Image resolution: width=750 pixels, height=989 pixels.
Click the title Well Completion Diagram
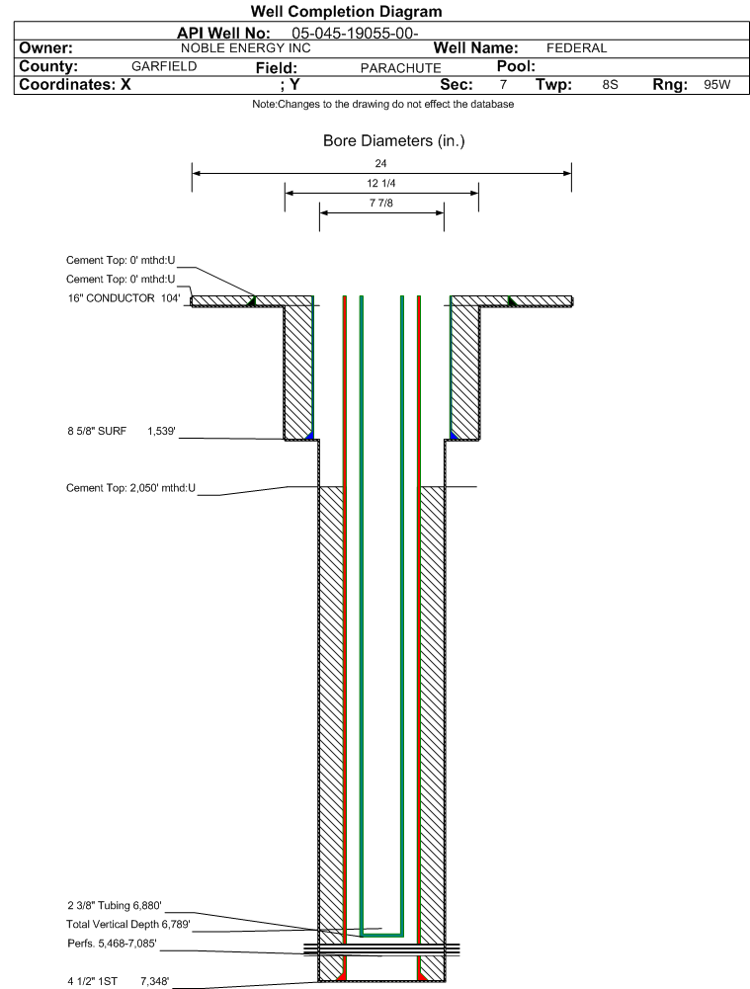click(x=346, y=11)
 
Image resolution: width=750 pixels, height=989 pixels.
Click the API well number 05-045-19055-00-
click(x=355, y=34)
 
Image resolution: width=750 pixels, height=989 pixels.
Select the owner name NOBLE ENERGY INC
click(x=245, y=48)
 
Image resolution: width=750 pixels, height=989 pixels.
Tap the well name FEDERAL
click(x=576, y=48)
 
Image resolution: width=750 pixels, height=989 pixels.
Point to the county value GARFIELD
click(x=164, y=66)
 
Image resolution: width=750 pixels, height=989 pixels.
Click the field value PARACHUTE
click(x=400, y=68)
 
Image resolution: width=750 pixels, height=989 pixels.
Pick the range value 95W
click(x=717, y=85)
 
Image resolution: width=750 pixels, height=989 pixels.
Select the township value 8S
click(x=610, y=85)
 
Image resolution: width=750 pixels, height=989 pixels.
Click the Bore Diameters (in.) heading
click(x=393, y=140)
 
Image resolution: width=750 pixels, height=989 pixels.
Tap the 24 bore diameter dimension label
click(x=380, y=163)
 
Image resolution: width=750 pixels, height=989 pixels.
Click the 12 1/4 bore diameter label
click(x=381, y=183)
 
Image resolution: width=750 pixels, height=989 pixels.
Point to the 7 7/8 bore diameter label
click(x=381, y=203)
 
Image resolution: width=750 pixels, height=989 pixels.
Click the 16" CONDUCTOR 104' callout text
click(x=124, y=297)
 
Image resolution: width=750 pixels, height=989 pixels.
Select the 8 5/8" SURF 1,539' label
click(x=122, y=432)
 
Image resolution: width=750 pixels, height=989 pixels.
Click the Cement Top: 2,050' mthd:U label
click(x=130, y=487)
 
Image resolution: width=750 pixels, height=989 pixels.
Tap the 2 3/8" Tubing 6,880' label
click(x=115, y=906)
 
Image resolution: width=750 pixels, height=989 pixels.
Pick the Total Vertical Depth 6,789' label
click(x=128, y=924)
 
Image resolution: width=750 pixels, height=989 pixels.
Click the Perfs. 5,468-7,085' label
click(x=112, y=944)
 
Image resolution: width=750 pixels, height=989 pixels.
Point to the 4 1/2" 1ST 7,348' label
click(x=118, y=981)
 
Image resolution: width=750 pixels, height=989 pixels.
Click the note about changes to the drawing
click(x=382, y=104)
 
